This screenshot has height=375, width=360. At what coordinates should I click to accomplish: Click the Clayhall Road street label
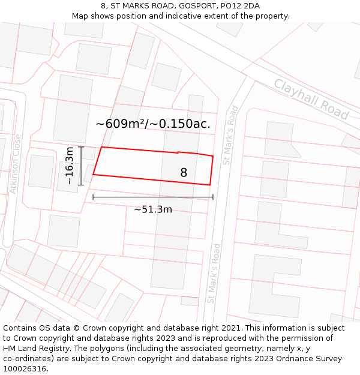(311, 99)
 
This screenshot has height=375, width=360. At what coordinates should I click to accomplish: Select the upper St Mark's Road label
(230, 136)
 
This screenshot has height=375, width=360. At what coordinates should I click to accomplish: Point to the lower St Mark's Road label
(214, 273)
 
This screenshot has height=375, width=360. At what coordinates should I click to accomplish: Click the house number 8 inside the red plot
(184, 173)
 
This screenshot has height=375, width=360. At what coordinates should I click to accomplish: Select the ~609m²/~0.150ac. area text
(153, 124)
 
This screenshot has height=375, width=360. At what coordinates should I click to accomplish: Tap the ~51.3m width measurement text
(153, 209)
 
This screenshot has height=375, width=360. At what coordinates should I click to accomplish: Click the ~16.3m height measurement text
(70, 166)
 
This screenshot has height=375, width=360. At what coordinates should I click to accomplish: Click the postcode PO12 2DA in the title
(240, 6)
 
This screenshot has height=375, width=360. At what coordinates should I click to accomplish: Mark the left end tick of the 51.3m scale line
(93, 196)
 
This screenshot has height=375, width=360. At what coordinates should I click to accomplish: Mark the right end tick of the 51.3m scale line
(212, 196)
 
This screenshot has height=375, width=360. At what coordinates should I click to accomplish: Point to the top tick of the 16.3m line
(80, 146)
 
